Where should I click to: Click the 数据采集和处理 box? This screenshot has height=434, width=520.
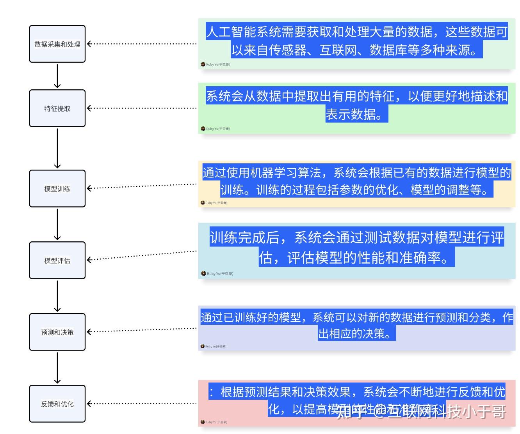coord(57,44)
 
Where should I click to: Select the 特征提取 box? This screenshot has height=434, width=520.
coord(57,108)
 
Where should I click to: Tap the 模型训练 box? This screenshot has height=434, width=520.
coord(57,189)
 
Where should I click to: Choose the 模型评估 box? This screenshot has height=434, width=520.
coord(57,260)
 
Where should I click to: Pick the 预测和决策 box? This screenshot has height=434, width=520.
coord(57,332)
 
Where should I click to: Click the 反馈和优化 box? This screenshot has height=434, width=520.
coord(57,404)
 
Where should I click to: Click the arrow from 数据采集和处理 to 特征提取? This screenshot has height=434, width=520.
coord(57,76)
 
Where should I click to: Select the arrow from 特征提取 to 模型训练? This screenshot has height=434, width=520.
coord(57,148)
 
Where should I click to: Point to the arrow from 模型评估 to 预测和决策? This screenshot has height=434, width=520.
coord(57,296)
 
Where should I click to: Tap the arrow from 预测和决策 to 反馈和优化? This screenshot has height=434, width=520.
coord(57,368)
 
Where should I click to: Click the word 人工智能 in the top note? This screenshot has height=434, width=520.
coord(231,32)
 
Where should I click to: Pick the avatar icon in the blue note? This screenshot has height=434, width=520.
coord(203,273)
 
